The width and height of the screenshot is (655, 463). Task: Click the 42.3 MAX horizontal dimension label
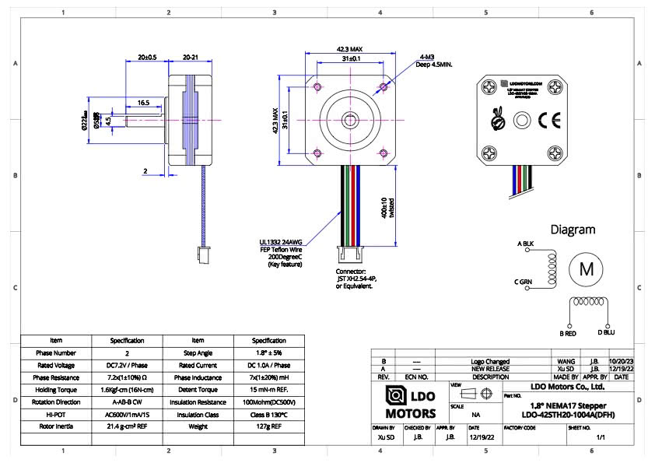point(350,49)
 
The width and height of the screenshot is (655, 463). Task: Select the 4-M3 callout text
point(426,58)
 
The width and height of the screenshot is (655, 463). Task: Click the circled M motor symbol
point(586,269)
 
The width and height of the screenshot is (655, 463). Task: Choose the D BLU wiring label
point(605,333)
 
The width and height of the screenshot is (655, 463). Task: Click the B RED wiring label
point(567,333)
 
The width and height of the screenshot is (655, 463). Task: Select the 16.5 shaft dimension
point(144,103)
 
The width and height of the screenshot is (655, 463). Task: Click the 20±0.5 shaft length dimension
point(147,58)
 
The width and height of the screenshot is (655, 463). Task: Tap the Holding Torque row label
point(56,390)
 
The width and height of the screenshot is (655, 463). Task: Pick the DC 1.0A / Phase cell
point(269,365)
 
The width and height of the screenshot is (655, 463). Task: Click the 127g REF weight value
point(269,426)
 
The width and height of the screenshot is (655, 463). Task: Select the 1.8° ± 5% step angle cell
point(269,353)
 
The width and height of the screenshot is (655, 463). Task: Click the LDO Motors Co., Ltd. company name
point(567,386)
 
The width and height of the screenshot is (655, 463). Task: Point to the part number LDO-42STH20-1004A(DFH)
point(567,415)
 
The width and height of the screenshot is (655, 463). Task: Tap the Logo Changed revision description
point(490,361)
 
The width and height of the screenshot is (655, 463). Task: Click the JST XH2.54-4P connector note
point(355,279)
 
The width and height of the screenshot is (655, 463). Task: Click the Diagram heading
point(573,230)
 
